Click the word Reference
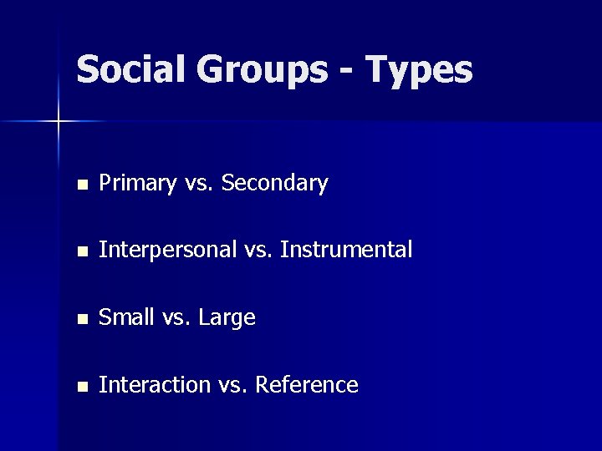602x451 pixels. (x=308, y=385)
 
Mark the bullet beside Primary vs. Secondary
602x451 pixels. (x=80, y=184)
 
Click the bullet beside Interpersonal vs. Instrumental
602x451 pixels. (x=80, y=251)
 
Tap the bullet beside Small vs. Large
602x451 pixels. (x=80, y=319)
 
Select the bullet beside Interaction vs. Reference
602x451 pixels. (x=80, y=387)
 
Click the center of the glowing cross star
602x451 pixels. (x=59, y=122)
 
